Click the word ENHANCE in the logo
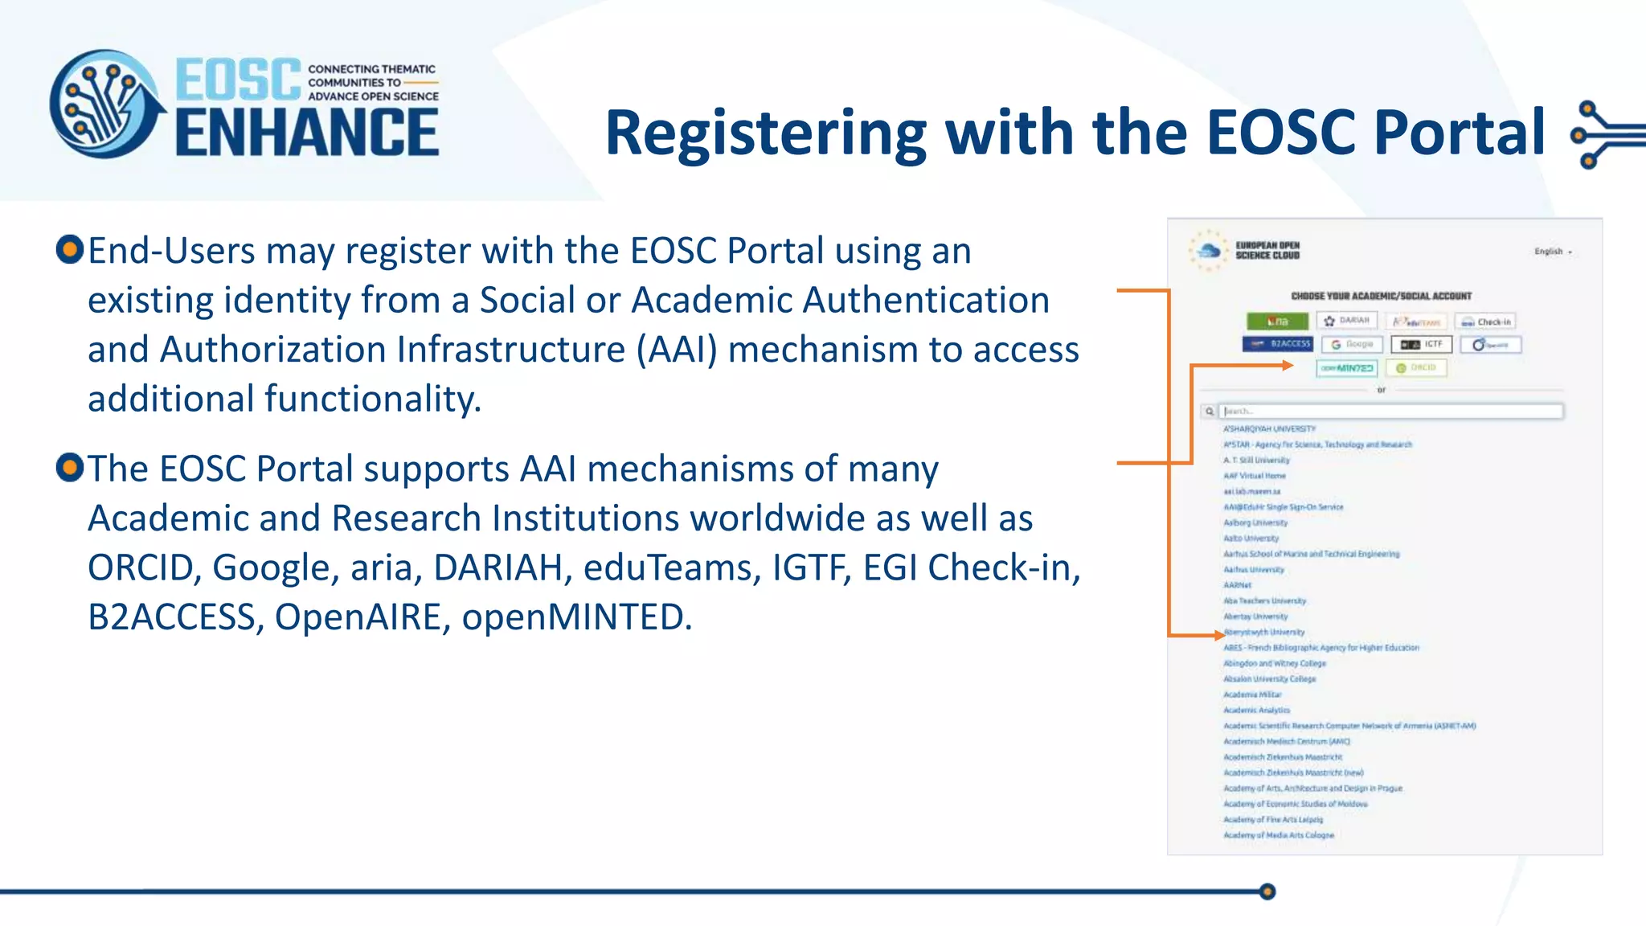[x=307, y=133]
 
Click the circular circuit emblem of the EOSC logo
[x=104, y=104]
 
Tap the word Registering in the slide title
[x=764, y=133]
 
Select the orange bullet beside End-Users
[x=70, y=249]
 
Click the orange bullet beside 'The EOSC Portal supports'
[x=70, y=467]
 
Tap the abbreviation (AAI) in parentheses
[x=677, y=350]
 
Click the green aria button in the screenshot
[x=1277, y=322]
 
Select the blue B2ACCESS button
[x=1277, y=344]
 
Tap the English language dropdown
[x=1552, y=252]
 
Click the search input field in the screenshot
[x=1390, y=412]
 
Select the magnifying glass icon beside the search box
[x=1209, y=412]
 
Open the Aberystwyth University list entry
[x=1265, y=632]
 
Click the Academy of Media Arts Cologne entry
[x=1278, y=835]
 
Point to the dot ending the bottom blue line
[x=1267, y=891]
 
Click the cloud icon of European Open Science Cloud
[x=1208, y=251]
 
